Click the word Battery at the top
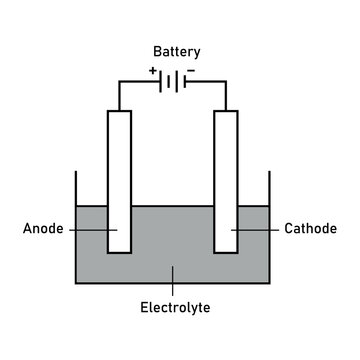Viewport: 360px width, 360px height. [x=176, y=51]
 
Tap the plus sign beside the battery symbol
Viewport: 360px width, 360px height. [x=152, y=71]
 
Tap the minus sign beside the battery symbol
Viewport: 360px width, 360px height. [x=190, y=71]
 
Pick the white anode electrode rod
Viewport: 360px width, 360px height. [x=119, y=170]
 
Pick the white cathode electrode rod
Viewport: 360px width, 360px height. [x=225, y=170]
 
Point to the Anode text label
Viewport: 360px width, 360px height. [x=43, y=229]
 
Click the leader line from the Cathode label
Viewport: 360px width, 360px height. [x=256, y=229]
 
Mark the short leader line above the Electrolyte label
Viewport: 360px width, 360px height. [x=172, y=280]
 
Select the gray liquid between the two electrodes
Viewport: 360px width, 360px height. [x=172, y=240]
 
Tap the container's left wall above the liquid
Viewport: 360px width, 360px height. [x=76, y=190]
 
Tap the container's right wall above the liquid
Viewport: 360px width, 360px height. [x=269, y=190]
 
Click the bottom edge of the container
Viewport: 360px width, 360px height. [x=172, y=284]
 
